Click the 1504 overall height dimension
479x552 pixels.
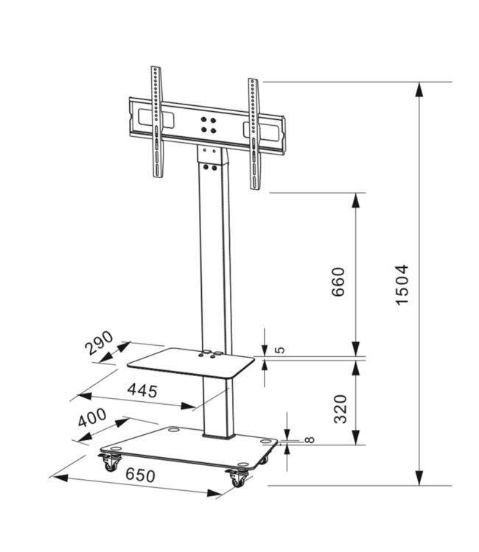(x=402, y=286)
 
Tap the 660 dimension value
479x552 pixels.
(x=338, y=282)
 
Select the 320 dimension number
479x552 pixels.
(x=340, y=408)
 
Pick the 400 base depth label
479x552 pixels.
(x=91, y=420)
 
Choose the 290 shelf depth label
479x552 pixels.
(x=99, y=342)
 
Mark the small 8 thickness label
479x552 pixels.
(x=309, y=440)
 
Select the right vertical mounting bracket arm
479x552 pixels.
(x=254, y=131)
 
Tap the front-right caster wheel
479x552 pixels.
(x=237, y=478)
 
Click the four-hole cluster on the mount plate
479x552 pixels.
(x=209, y=124)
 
